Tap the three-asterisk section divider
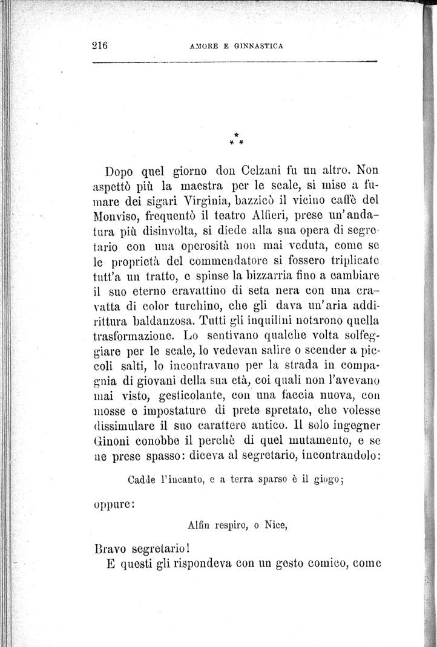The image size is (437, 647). pyautogui.click(x=237, y=140)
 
